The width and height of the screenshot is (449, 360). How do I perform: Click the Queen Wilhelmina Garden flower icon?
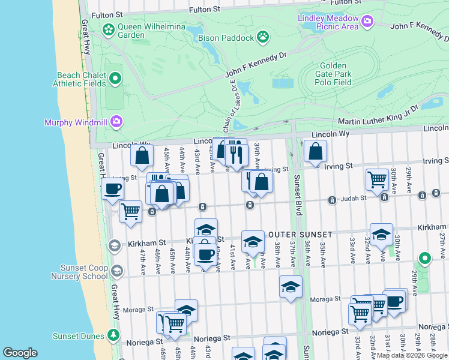109,29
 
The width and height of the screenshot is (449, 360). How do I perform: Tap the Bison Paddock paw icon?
263,38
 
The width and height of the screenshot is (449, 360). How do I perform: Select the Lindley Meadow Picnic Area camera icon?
367,23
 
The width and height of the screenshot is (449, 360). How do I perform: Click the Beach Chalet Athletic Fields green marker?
116,79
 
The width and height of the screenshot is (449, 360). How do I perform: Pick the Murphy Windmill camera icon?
116,122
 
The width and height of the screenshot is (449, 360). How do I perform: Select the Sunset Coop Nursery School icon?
116,271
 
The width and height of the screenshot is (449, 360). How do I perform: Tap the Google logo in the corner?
20,353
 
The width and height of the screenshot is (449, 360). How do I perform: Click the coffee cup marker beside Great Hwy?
112,190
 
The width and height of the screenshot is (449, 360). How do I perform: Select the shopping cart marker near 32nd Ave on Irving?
377,178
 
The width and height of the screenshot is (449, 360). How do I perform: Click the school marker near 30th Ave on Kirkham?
381,235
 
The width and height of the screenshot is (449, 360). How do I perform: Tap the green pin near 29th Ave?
425,259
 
